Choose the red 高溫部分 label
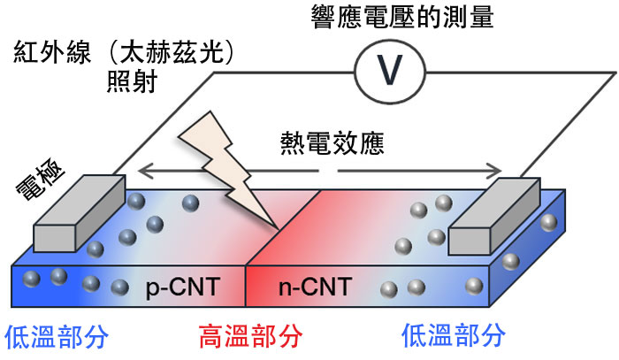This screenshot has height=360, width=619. [x=249, y=336]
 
